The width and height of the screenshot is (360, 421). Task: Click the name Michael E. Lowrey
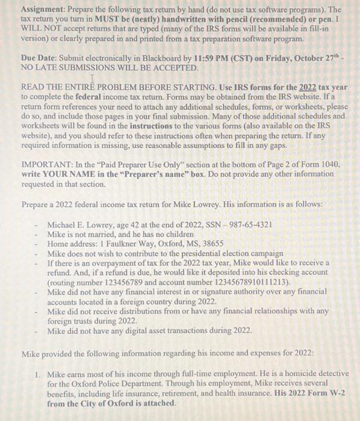point(81,224)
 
